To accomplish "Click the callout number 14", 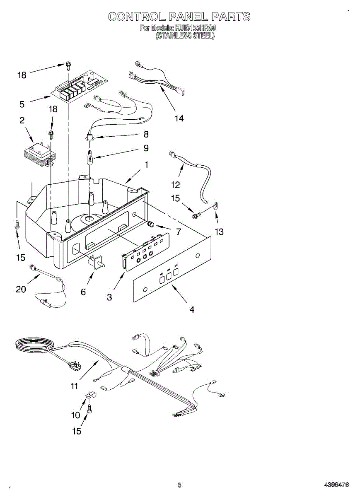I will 179,118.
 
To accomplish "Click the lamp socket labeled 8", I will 89,138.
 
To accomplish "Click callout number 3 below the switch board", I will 109,297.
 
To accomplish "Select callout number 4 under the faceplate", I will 192,309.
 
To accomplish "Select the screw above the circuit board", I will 67,65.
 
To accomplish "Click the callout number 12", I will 176,185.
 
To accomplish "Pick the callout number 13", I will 219,232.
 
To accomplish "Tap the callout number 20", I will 21,289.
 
